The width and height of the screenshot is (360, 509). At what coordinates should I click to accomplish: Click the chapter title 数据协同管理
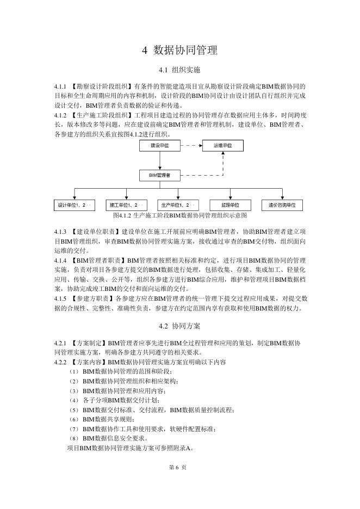179,51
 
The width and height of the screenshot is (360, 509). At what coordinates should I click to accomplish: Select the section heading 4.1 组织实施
179,70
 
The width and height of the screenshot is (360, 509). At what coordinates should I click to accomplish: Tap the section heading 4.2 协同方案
179,326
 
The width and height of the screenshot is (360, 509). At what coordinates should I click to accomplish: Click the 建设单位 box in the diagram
160,146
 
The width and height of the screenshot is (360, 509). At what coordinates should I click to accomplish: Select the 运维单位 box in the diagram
223,146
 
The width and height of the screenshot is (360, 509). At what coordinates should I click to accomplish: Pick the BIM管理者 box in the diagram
160,175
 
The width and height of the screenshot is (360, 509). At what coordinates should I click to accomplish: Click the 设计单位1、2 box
74,205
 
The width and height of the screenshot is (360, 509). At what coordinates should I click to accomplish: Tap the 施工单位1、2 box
126,205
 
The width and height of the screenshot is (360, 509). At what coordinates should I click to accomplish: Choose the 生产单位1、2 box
178,205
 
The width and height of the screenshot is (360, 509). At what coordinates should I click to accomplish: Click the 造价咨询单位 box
282,205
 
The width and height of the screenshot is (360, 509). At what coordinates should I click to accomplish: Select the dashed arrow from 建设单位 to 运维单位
191,146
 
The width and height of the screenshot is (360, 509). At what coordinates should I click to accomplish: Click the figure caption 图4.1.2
179,215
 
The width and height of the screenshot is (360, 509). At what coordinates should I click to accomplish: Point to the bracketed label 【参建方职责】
91,299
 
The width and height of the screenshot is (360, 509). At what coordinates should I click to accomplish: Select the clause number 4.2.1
60,344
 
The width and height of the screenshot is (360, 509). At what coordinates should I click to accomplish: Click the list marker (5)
73,409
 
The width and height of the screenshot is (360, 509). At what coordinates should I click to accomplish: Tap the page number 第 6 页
179,467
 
